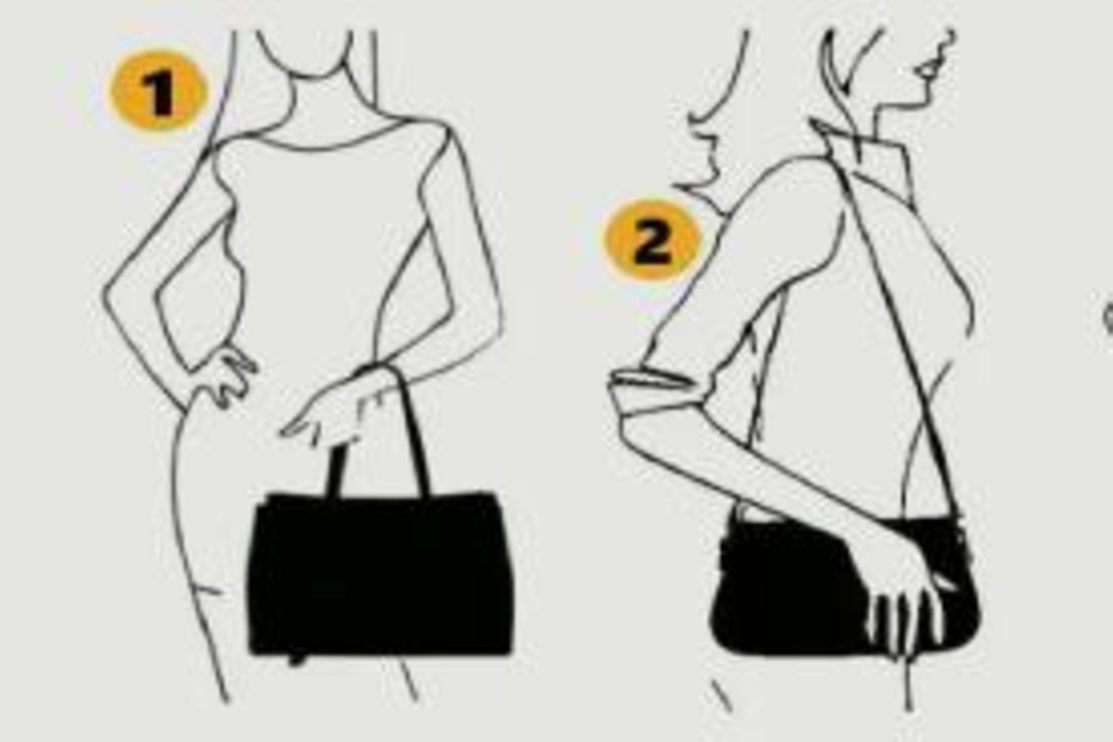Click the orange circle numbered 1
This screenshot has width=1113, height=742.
[x=159, y=91]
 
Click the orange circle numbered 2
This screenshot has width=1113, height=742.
[x=652, y=240]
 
